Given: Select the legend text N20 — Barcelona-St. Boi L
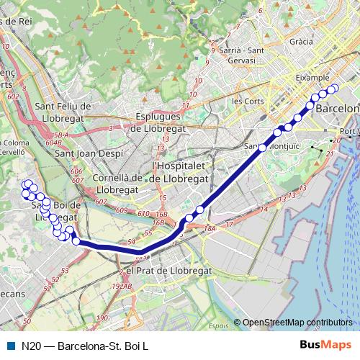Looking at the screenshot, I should click(85, 346).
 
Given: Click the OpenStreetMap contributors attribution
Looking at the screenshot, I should click(297, 323).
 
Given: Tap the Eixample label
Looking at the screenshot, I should click(312, 77).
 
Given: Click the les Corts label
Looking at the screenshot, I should click(248, 101).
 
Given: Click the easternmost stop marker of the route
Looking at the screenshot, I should click(333, 89).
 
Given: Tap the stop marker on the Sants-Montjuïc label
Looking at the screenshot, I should click(263, 148).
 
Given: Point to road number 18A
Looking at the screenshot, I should click(210, 228).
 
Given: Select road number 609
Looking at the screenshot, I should click(122, 210).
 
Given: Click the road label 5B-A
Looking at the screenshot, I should click(60, 135).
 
